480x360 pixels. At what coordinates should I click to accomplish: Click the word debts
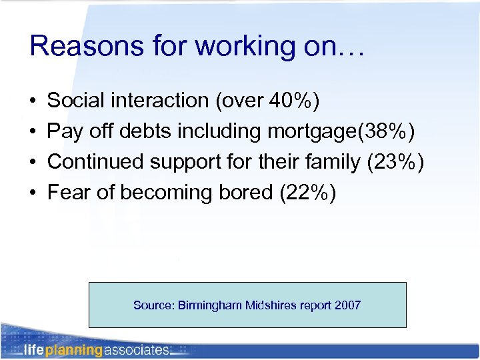pos(147,131)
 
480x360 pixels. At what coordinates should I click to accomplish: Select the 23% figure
pos(393,162)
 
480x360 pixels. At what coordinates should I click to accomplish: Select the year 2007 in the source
pos(349,305)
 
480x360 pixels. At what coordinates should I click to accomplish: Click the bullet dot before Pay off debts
pos(33,132)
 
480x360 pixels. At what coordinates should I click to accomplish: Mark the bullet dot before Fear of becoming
pos(33,193)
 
